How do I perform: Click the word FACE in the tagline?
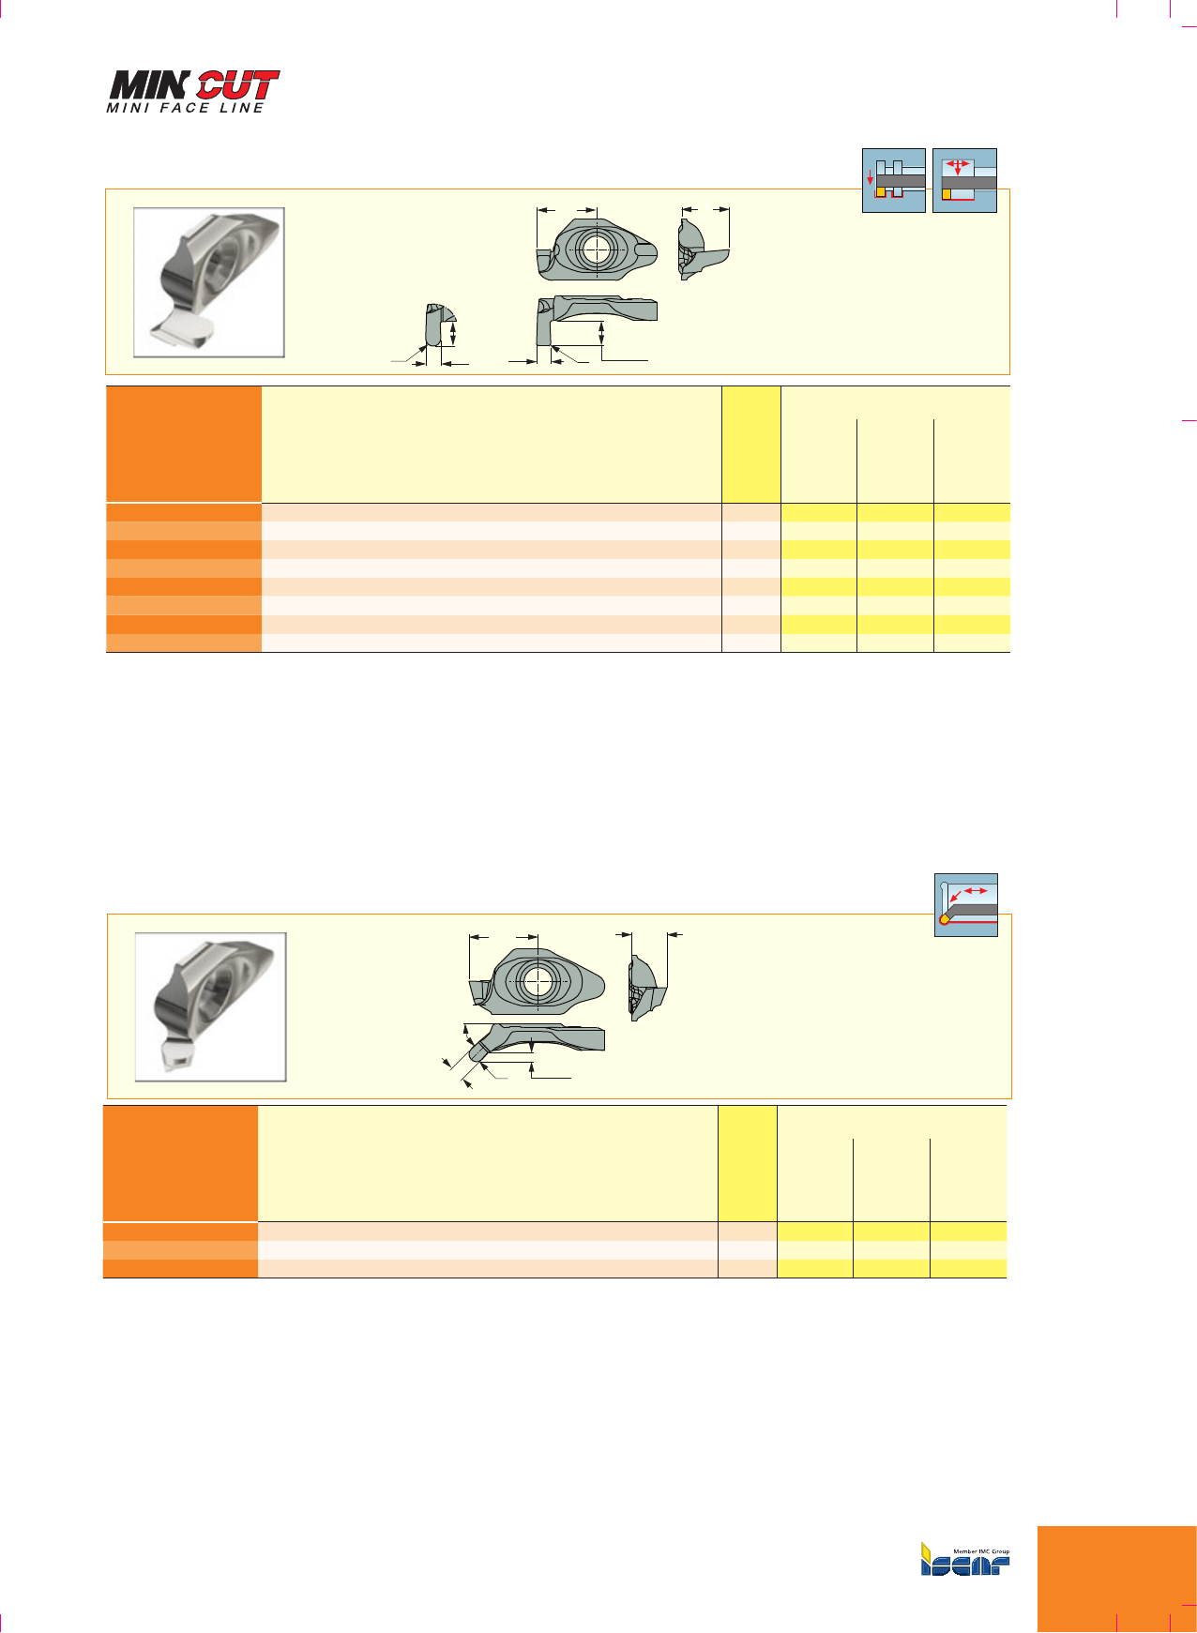pyautogui.click(x=184, y=108)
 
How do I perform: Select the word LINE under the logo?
pyautogui.click(x=241, y=108)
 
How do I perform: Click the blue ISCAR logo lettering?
pyautogui.click(x=965, y=1564)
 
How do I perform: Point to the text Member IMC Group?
pyautogui.click(x=981, y=1551)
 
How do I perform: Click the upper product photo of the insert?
pyautogui.click(x=209, y=282)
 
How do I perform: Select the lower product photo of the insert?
pyautogui.click(x=211, y=1007)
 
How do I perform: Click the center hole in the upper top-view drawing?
pyautogui.click(x=596, y=249)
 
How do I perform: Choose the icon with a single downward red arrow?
pyautogui.click(x=894, y=180)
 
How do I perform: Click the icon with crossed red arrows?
pyautogui.click(x=964, y=180)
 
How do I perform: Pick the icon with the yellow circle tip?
pyautogui.click(x=966, y=905)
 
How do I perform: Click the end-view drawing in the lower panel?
pyautogui.click(x=647, y=988)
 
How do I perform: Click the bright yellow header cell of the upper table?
pyautogui.click(x=751, y=444)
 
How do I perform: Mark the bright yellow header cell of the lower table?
pyautogui.click(x=748, y=1163)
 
